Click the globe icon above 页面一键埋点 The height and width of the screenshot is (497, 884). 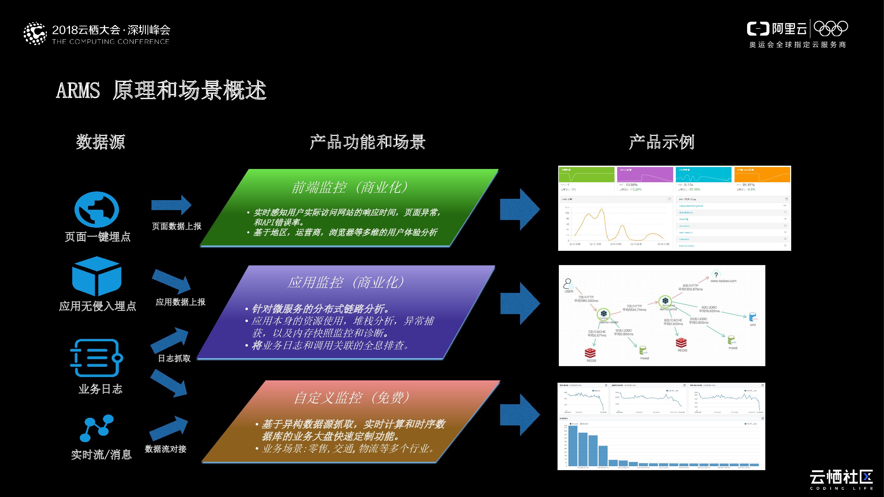[x=97, y=209]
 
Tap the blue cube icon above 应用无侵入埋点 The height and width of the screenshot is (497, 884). [x=97, y=276]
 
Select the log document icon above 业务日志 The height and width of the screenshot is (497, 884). [x=96, y=358]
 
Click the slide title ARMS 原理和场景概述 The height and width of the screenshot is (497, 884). [x=161, y=90]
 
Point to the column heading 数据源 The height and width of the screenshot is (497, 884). [x=100, y=142]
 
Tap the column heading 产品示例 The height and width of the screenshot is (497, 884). [x=661, y=142]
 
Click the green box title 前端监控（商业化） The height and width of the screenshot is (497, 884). [x=350, y=187]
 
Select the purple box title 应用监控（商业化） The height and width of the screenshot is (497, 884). [x=346, y=282]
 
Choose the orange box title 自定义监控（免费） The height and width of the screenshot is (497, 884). [x=352, y=398]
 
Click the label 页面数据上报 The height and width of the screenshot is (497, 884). [x=176, y=226]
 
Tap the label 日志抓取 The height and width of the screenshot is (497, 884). [x=174, y=358]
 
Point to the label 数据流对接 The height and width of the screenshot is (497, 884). [x=165, y=449]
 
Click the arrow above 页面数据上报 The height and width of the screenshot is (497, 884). [x=171, y=205]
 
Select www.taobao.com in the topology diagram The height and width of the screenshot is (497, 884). [x=723, y=281]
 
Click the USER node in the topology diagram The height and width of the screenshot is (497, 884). [x=569, y=285]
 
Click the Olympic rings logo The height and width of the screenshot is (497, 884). [x=830, y=28]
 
